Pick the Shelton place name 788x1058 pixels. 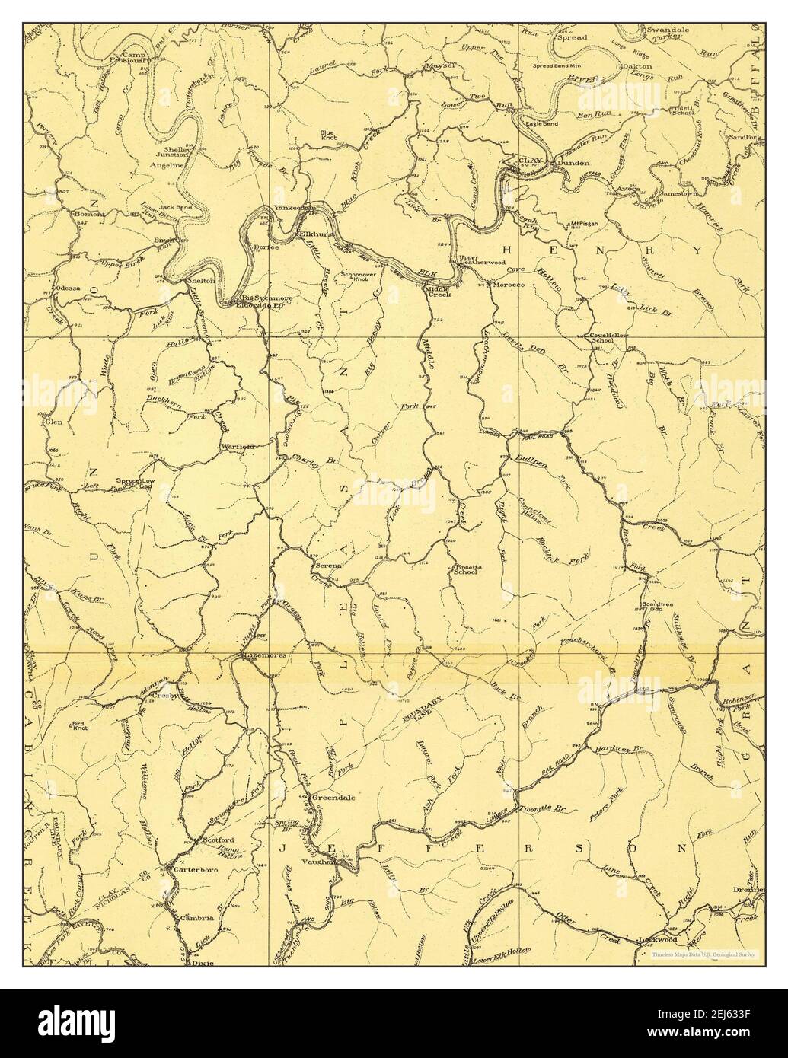click(x=201, y=280)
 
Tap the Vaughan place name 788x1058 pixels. click(x=324, y=862)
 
